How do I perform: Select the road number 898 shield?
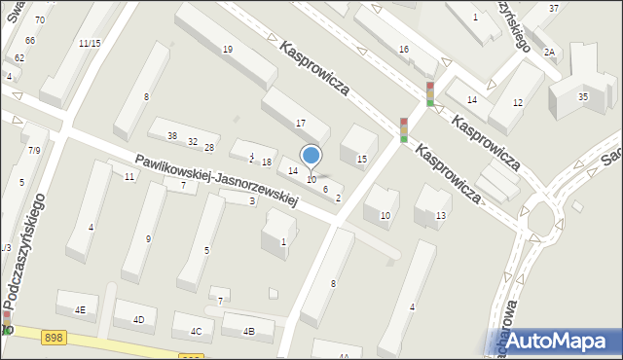point(54,337)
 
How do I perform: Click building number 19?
point(227,49)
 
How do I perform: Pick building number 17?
point(300,123)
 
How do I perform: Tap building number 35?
point(582,96)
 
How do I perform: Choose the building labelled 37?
point(553,8)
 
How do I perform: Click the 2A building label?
point(549,52)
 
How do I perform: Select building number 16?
point(403,49)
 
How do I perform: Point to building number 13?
point(440,215)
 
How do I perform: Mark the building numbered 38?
point(172,135)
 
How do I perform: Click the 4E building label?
point(80,309)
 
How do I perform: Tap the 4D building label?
point(138,319)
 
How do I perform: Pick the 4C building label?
point(196,331)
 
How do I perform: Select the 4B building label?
point(248,332)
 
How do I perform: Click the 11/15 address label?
point(90,43)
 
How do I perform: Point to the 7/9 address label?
point(34,150)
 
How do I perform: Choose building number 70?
point(39,19)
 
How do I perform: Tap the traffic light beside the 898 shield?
point(8,322)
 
